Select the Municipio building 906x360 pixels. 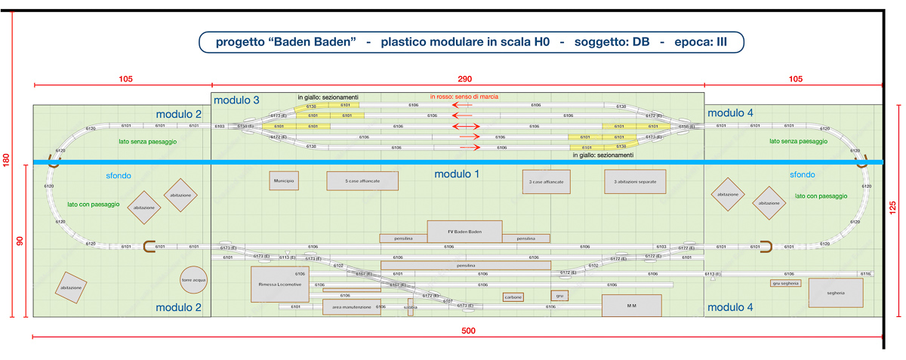(283, 181)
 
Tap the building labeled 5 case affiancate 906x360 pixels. (362, 181)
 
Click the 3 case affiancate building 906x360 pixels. (547, 182)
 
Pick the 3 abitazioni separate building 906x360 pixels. (635, 182)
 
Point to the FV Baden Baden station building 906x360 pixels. (464, 232)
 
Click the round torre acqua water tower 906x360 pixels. (193, 279)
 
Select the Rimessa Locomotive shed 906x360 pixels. (280, 285)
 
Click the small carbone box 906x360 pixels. (513, 297)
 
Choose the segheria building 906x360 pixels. (835, 293)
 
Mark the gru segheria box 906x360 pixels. (785, 284)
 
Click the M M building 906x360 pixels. (631, 306)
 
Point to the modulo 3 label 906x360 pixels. (236, 100)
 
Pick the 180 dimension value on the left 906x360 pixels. (7, 161)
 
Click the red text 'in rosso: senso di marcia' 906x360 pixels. (464, 97)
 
